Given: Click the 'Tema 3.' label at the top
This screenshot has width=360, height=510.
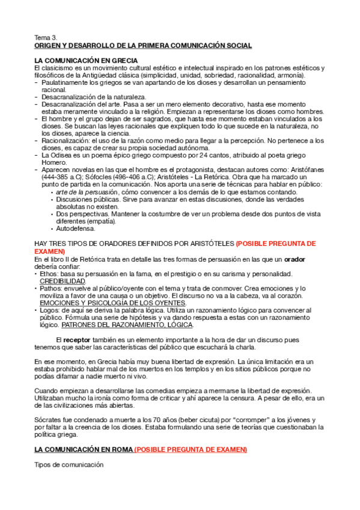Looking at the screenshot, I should pos(46,37).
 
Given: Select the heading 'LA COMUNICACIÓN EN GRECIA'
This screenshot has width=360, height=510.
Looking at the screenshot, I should pos(87,61).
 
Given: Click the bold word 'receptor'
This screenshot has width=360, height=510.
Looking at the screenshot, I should pos(77,340).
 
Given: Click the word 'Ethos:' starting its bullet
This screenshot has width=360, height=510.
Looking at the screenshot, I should pos(49,274).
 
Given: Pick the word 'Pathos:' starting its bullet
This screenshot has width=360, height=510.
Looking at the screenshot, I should pos(51,288).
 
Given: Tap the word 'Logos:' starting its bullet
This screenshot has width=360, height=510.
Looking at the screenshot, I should pos(50,310).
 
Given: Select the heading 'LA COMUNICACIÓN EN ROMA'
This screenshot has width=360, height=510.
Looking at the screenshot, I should pos(83,449).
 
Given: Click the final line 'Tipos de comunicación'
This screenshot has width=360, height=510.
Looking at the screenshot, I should pos(69,464).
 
